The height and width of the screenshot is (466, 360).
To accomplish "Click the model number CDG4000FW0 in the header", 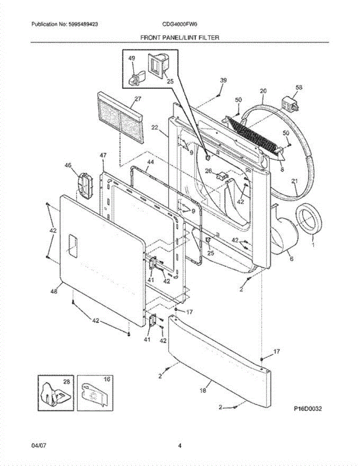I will [x=180, y=24].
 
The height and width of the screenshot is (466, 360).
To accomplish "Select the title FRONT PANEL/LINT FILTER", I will [x=180, y=38].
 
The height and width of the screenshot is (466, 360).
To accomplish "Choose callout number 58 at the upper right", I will [x=299, y=88].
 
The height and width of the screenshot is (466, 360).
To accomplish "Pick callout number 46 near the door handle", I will [x=68, y=165].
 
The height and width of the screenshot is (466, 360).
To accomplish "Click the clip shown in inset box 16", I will [x=93, y=395].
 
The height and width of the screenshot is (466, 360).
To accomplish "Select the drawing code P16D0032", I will [x=308, y=409].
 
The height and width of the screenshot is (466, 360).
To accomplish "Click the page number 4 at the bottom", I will [x=180, y=445].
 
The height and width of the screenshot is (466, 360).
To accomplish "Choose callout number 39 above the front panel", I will [x=223, y=80].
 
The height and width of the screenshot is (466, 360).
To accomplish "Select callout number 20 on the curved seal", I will [x=263, y=91].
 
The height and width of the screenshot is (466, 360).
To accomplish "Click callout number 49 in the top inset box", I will [x=132, y=58].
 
